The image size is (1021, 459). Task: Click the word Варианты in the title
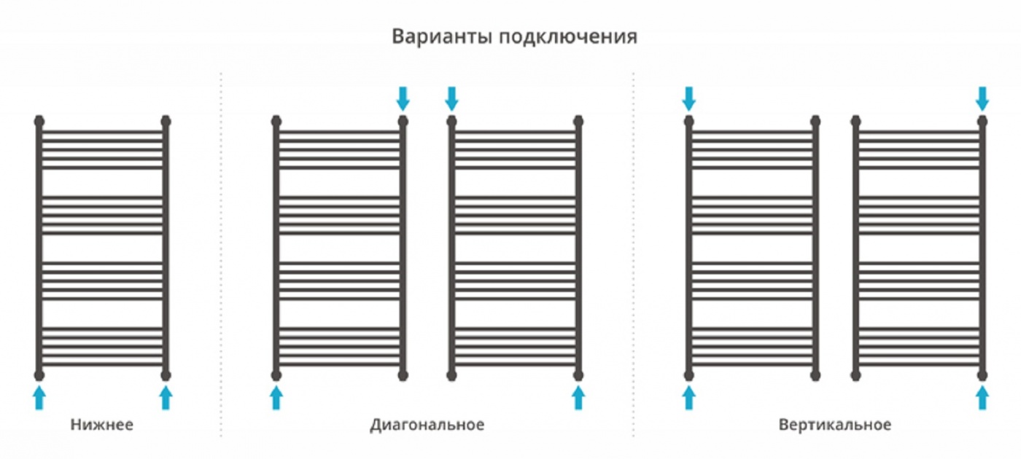[x=442, y=36]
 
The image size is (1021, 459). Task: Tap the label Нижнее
[x=101, y=424]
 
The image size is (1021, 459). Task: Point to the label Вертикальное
[x=834, y=425]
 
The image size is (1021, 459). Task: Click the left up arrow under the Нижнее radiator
[x=39, y=398]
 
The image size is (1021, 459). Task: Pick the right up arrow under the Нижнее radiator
[x=166, y=398]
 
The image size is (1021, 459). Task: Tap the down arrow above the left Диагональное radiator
[x=403, y=99]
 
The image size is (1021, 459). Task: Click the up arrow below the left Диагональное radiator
[x=276, y=398]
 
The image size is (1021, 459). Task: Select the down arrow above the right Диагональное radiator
[x=451, y=99]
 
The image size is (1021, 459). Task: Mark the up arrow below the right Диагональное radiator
[x=578, y=398]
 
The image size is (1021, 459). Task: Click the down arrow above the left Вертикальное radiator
[x=688, y=99]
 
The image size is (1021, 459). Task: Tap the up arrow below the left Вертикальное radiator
[x=688, y=398]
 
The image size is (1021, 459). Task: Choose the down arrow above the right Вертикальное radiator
[x=982, y=99]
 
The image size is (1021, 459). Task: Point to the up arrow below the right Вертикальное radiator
[x=982, y=398]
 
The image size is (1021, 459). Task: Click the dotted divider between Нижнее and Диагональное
[x=222, y=254]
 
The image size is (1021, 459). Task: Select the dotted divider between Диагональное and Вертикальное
[x=634, y=254]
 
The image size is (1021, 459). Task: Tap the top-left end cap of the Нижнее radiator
[x=39, y=121]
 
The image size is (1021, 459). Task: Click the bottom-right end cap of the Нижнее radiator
[x=166, y=375]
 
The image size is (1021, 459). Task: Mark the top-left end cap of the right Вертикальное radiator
[x=856, y=121]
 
